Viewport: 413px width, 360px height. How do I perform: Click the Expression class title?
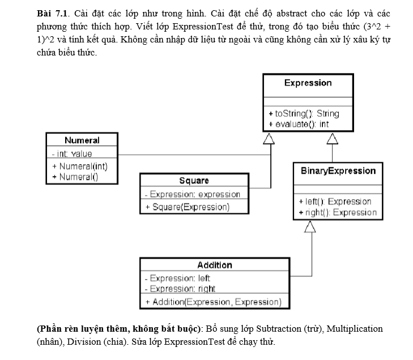(x=308, y=83)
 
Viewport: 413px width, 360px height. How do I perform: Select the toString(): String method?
(x=304, y=114)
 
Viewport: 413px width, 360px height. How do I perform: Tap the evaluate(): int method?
(x=299, y=124)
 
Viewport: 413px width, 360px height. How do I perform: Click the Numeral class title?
(x=82, y=140)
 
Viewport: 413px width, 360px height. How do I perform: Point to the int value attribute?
(x=71, y=153)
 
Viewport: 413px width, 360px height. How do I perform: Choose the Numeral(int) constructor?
(x=79, y=166)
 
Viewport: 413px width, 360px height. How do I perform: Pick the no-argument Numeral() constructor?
(x=75, y=176)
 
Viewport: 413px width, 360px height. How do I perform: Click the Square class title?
(x=194, y=181)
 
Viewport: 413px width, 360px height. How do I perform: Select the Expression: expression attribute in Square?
(x=193, y=194)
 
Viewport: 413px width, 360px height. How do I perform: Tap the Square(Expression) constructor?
(x=188, y=207)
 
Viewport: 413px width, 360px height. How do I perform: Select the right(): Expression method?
(x=337, y=212)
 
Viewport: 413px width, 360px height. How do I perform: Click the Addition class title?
(x=215, y=265)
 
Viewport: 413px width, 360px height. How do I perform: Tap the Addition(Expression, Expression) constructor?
(x=213, y=302)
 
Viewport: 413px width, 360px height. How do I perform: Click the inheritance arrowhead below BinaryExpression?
(x=310, y=226)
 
